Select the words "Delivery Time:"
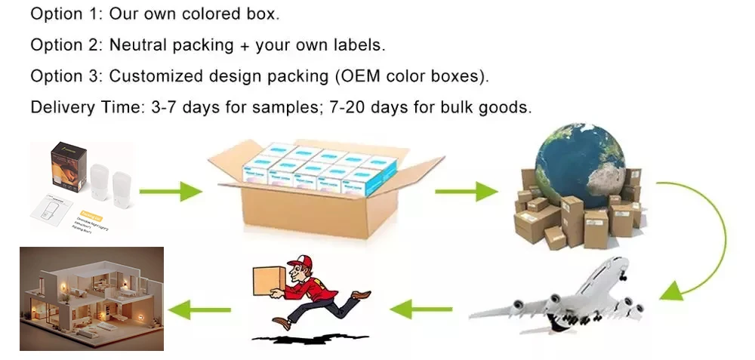(84, 107)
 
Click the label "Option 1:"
(66, 14)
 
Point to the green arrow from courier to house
(199, 308)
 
